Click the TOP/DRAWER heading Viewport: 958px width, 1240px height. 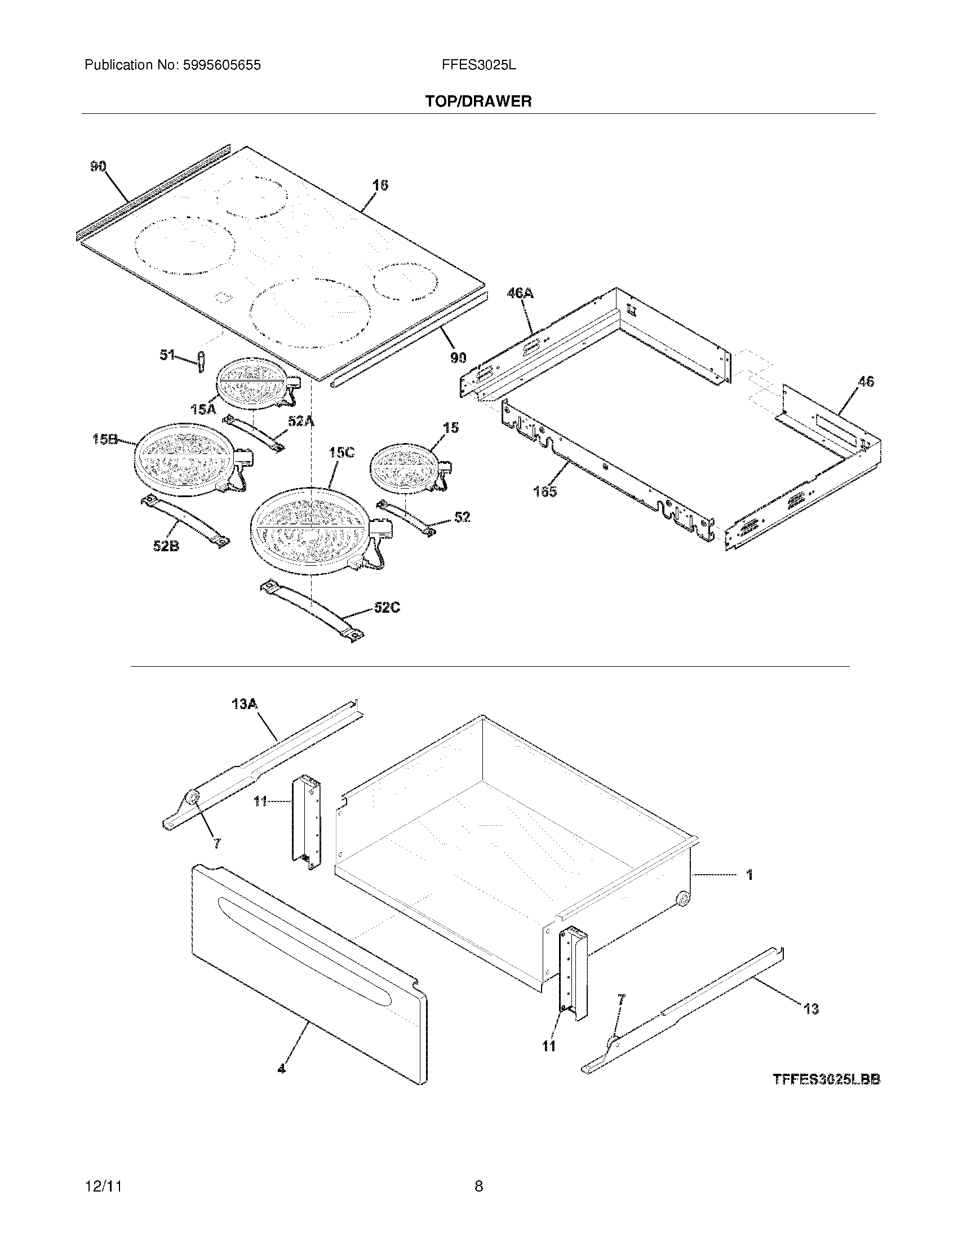pyautogui.click(x=478, y=101)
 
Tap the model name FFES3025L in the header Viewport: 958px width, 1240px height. pyautogui.click(x=478, y=65)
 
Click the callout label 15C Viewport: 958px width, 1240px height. pyautogui.click(x=341, y=453)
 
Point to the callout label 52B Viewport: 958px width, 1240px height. pyautogui.click(x=166, y=546)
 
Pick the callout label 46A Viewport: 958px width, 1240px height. pyautogui.click(x=520, y=293)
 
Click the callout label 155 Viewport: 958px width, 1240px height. pyautogui.click(x=545, y=491)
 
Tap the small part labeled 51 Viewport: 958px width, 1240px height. pyautogui.click(x=200, y=361)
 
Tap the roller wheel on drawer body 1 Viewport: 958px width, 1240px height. pyautogui.click(x=683, y=900)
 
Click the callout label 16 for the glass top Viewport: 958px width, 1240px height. pyautogui.click(x=380, y=185)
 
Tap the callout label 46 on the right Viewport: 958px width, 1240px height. pyautogui.click(x=866, y=382)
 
